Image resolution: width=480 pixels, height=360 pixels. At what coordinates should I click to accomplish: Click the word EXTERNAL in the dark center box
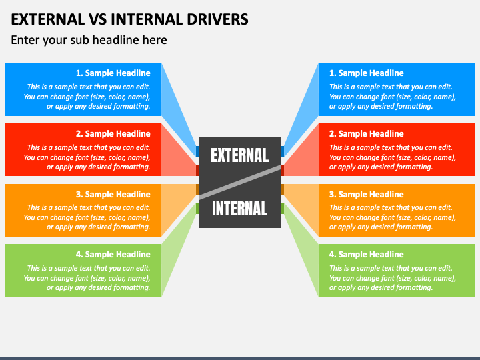coord(240,155)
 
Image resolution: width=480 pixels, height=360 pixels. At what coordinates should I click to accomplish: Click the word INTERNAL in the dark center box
coord(240,209)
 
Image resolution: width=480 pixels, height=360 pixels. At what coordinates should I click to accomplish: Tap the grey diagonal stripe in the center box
coord(240,182)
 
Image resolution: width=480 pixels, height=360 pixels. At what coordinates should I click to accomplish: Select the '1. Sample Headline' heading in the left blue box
coord(113,73)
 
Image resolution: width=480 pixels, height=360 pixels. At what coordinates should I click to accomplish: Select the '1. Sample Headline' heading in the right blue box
coord(367,73)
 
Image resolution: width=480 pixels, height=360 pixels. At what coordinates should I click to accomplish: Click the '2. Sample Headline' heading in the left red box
coord(113,134)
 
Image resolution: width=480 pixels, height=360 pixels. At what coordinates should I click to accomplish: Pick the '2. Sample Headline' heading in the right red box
coord(367,134)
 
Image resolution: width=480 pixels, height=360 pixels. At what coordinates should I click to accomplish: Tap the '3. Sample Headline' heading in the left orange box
coord(113,195)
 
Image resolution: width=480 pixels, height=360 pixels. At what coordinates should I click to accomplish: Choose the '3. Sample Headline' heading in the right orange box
coord(367,195)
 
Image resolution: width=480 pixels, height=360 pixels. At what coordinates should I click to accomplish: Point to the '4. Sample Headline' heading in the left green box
coord(113,255)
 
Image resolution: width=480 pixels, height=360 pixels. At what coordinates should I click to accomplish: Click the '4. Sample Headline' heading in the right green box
coord(367,255)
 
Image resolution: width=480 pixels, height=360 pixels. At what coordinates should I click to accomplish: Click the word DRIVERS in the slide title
coord(217,19)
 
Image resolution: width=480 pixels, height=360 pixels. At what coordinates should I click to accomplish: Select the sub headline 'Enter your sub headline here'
coord(89,40)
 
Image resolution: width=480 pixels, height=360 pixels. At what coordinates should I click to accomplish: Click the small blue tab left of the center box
coord(198,151)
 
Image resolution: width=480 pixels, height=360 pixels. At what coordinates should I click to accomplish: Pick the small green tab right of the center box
coord(282,209)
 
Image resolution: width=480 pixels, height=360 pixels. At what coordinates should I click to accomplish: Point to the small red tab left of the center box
coord(198,171)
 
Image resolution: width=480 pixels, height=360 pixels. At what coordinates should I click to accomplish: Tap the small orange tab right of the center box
coord(282,189)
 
